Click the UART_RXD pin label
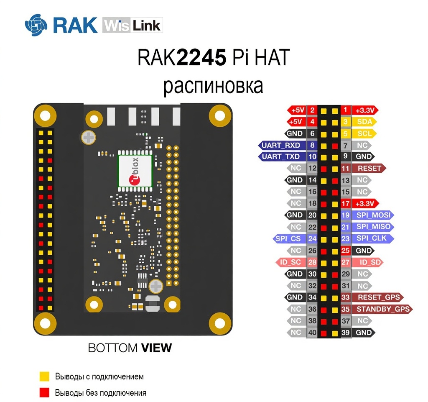tap(280, 145)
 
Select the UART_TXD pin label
tap(280, 156)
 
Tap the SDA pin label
tap(365, 122)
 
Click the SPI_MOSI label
tap(373, 215)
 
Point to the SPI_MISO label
tap(373, 227)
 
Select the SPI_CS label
tap(289, 239)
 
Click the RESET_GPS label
tap(378, 297)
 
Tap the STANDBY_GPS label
tap(382, 309)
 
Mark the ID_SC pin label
tap(291, 262)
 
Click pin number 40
tap(312, 333)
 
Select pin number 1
tap(345, 110)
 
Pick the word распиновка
tap(213, 86)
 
